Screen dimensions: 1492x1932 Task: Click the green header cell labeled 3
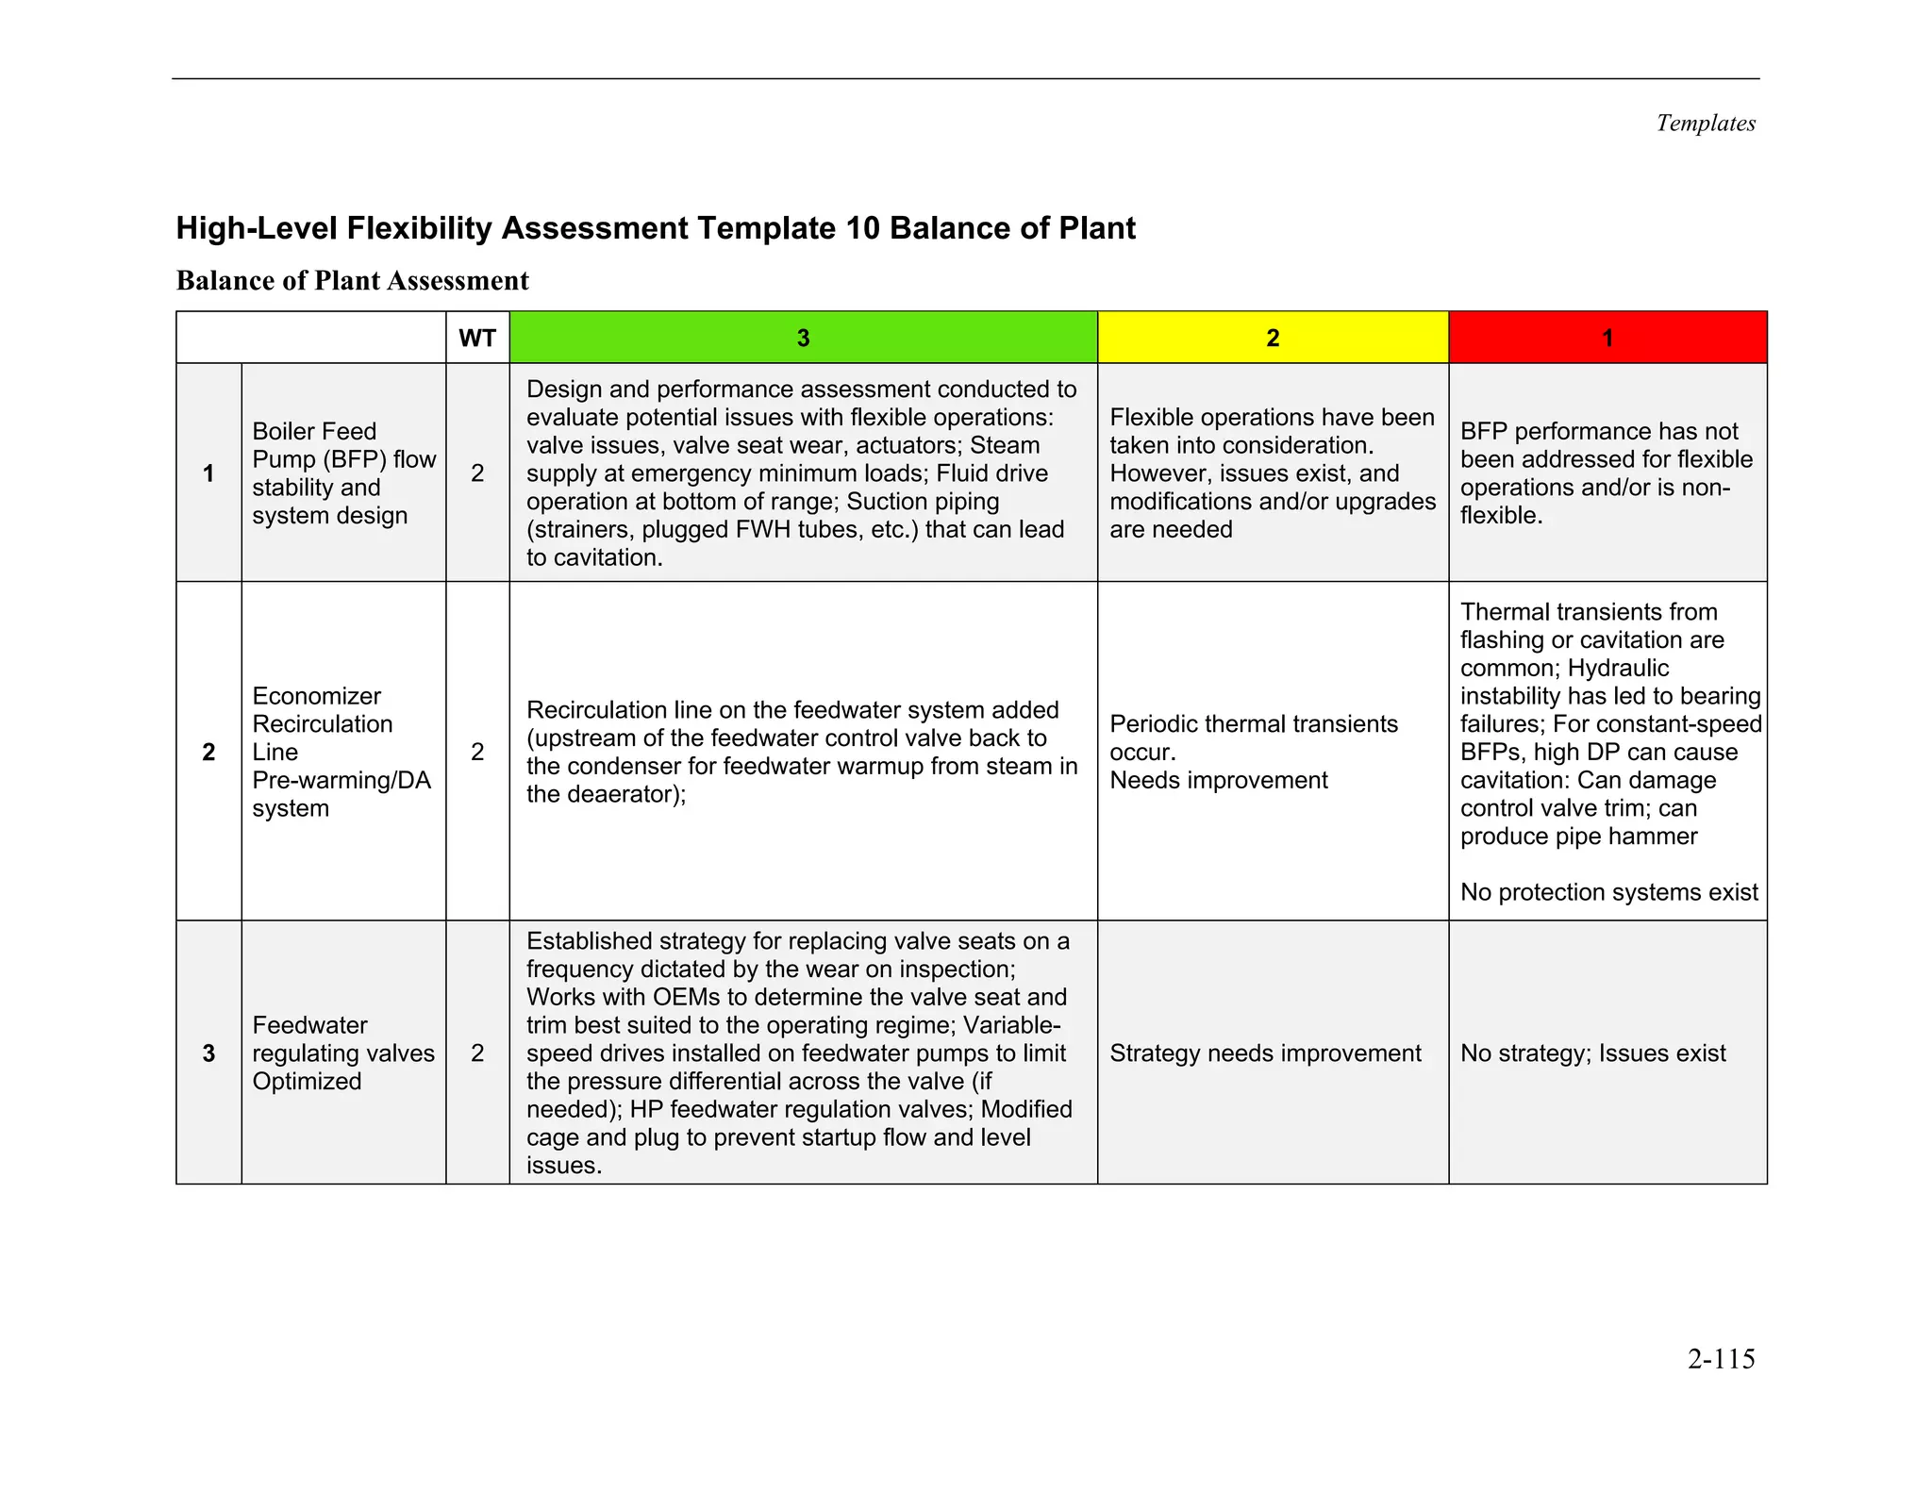pyautogui.click(x=803, y=338)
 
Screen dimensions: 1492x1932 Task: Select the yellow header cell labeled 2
pyautogui.click(x=1273, y=338)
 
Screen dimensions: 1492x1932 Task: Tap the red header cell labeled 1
pyautogui.click(x=1607, y=338)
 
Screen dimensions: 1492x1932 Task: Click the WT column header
pyautogui.click(x=477, y=338)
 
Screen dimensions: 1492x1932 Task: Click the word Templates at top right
pyautogui.click(x=1706, y=124)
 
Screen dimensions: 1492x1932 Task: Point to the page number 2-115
pyautogui.click(x=1721, y=1359)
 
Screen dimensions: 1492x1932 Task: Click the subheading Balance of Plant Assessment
pyautogui.click(x=353, y=281)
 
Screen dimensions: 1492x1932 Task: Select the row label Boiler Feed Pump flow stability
pyautogui.click(x=343, y=472)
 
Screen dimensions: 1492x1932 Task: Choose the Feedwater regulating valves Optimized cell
pyautogui.click(x=343, y=1053)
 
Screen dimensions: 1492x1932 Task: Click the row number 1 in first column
pyautogui.click(x=208, y=473)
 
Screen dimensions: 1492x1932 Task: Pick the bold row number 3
pyautogui.click(x=208, y=1053)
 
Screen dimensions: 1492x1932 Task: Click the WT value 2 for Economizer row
pyautogui.click(x=477, y=752)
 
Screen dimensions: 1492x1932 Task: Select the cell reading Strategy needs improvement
pyautogui.click(x=1265, y=1053)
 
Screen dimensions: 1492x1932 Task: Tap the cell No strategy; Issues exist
pyautogui.click(x=1592, y=1053)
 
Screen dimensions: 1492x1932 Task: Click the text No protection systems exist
pyautogui.click(x=1608, y=892)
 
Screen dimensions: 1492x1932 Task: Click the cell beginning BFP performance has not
pyautogui.click(x=1606, y=472)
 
